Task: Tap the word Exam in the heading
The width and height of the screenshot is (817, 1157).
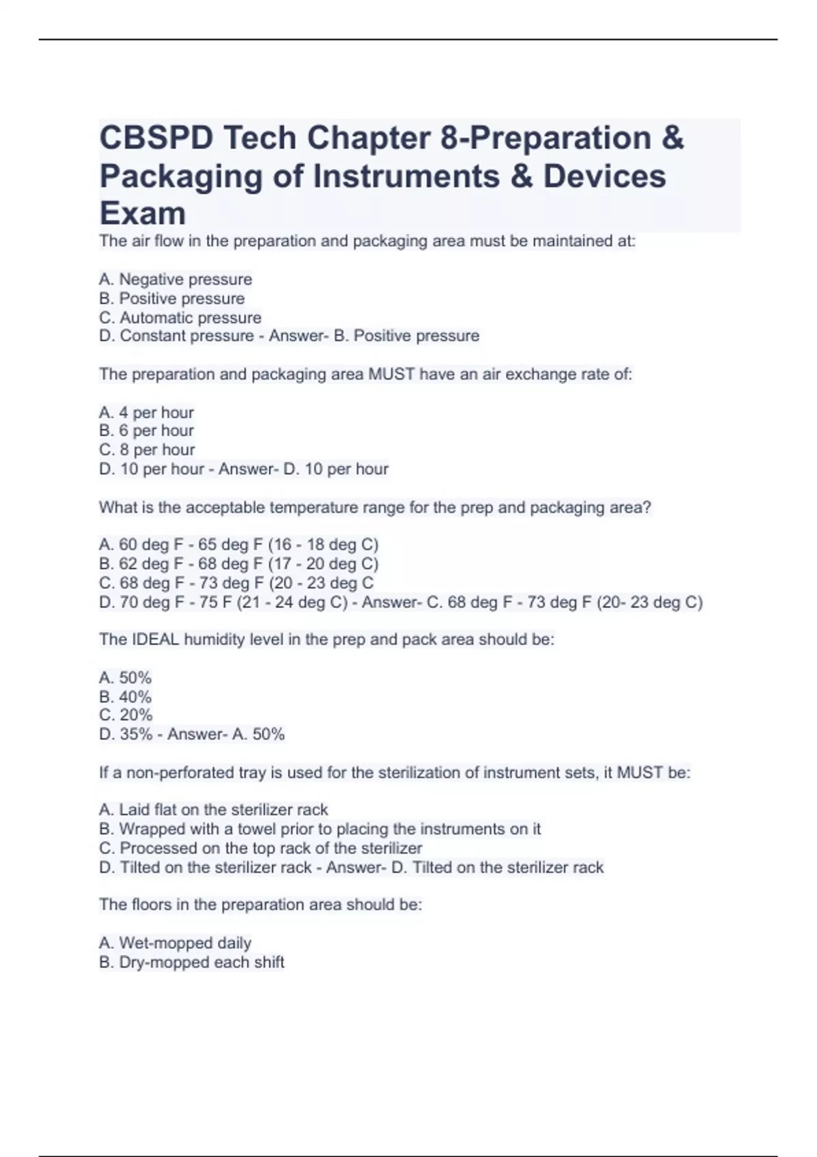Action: (x=142, y=214)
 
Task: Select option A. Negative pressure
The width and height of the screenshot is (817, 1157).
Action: (x=176, y=280)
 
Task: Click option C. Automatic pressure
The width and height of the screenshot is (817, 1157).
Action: (x=180, y=318)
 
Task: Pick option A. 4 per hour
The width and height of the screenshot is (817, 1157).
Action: (x=146, y=412)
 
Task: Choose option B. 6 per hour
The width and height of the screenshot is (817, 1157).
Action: (x=146, y=431)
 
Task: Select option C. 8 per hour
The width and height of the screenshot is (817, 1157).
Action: (x=147, y=450)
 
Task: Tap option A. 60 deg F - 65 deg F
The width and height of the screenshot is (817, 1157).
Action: (x=238, y=544)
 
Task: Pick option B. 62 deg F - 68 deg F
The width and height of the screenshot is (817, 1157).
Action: (x=238, y=564)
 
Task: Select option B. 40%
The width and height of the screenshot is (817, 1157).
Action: (x=125, y=697)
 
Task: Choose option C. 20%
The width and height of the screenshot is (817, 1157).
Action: (x=126, y=715)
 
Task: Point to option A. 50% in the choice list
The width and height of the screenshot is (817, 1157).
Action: (x=125, y=678)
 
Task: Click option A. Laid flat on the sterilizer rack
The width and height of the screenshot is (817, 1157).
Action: (x=214, y=810)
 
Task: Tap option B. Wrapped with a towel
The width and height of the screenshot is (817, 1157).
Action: (x=320, y=829)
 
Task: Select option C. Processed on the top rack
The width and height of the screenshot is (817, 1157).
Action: (x=261, y=848)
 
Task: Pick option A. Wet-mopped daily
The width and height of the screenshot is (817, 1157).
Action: (x=176, y=943)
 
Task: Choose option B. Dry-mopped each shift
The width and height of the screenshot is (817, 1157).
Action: (x=192, y=962)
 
